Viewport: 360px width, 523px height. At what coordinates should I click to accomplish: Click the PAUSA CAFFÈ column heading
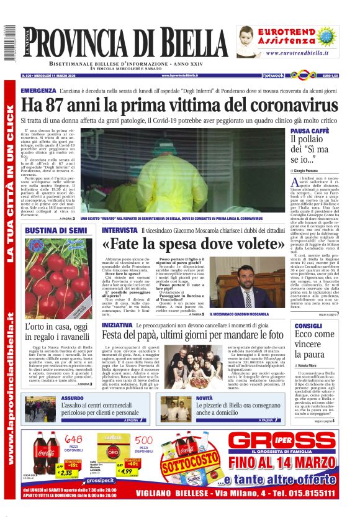point(310,131)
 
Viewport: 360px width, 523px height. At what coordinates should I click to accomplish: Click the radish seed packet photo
point(60,276)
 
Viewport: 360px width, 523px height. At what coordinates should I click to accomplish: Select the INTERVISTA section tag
point(120,230)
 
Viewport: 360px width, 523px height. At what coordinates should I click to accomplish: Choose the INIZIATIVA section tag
point(117,325)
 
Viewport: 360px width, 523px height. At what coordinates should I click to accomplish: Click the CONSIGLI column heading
point(308,325)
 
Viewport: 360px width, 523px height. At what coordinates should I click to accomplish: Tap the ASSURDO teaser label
point(72,398)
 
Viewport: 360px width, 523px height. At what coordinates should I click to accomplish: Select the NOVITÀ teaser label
point(204,398)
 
